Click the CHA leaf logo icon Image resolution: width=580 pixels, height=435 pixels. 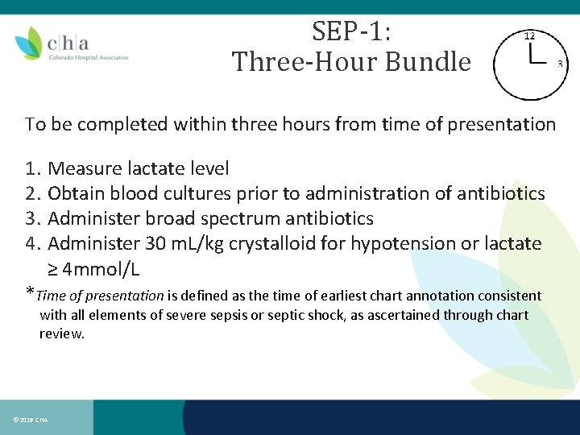[x=31, y=43]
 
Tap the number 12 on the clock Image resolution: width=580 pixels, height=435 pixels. [x=530, y=35]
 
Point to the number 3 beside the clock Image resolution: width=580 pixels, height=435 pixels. [x=560, y=64]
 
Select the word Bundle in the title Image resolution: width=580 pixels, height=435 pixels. [x=429, y=61]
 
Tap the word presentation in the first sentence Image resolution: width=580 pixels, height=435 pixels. [x=506, y=125]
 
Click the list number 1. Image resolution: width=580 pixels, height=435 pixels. [x=32, y=169]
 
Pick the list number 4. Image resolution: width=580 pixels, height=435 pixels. [x=32, y=243]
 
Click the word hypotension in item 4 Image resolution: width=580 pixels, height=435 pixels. [x=400, y=243]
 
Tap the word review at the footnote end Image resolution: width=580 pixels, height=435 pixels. [x=60, y=333]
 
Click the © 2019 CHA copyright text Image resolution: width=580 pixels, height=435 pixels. [x=31, y=420]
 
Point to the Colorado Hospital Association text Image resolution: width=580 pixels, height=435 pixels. [x=88, y=57]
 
